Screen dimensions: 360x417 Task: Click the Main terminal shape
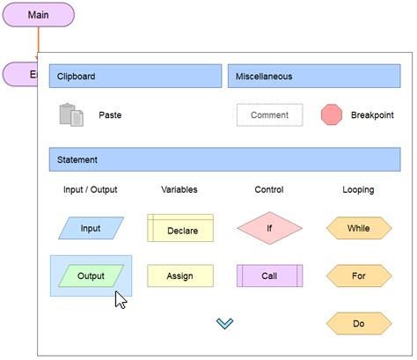click(x=38, y=15)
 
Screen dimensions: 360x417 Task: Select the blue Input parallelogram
click(x=91, y=228)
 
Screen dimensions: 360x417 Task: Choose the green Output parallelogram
click(x=91, y=276)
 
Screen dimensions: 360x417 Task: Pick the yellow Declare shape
click(x=180, y=229)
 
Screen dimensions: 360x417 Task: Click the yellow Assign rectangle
click(x=180, y=276)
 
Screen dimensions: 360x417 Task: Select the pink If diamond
click(x=269, y=228)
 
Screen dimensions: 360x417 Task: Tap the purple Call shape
click(x=269, y=276)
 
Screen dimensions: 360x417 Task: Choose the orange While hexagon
click(x=358, y=228)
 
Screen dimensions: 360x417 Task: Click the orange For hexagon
click(x=358, y=276)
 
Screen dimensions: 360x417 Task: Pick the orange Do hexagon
click(x=358, y=323)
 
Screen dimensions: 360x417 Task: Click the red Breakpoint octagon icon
click(x=332, y=115)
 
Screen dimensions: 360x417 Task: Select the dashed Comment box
click(x=269, y=115)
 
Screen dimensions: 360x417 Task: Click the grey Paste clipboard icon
click(x=71, y=115)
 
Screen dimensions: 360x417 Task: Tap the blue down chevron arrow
click(x=224, y=324)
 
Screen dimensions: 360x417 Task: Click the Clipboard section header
click(x=135, y=76)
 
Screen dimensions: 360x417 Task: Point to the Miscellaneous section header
click(x=313, y=76)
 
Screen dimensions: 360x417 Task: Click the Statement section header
click(x=224, y=159)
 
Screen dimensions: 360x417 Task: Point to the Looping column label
click(x=358, y=189)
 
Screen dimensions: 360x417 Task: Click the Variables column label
click(x=179, y=189)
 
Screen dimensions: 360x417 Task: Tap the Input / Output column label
click(x=91, y=189)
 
